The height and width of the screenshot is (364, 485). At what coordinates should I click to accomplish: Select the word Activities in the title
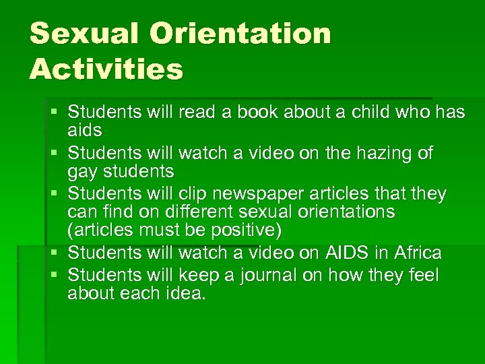click(106, 69)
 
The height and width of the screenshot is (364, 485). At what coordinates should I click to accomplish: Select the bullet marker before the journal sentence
click(55, 276)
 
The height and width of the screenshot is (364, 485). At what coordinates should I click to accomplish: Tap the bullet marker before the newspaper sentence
click(55, 194)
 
